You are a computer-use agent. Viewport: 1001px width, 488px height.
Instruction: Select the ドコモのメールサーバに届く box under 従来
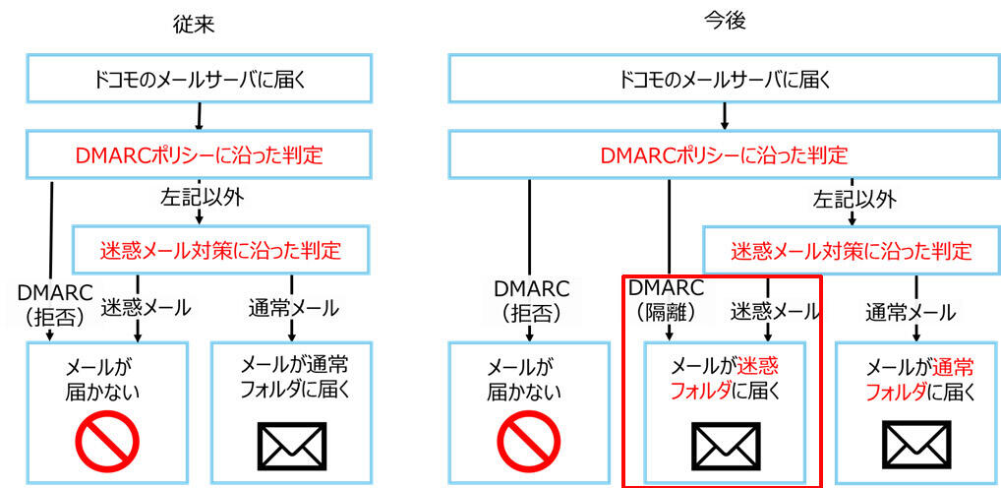pos(201,79)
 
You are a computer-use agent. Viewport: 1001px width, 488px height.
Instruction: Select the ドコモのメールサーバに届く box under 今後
pos(725,79)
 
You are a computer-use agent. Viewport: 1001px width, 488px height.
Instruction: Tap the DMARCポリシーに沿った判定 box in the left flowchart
pos(201,153)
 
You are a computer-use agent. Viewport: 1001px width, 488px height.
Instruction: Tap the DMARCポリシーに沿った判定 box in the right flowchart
pos(725,154)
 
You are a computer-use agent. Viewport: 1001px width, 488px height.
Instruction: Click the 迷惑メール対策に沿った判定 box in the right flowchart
pos(851,250)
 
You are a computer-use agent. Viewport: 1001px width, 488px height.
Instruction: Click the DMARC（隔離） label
pos(666,300)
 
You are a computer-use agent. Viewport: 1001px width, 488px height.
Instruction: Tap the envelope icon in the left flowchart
pos(290,445)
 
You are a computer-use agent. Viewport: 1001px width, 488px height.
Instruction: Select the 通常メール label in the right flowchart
pos(910,313)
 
